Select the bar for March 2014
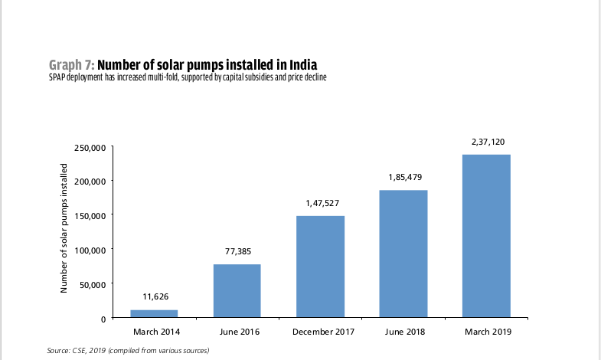click(154, 313)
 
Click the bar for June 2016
click(237, 290)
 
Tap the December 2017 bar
click(320, 267)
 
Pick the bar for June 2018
click(403, 254)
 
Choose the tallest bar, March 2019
click(486, 236)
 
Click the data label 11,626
click(154, 296)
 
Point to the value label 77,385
click(237, 250)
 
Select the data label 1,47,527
click(320, 203)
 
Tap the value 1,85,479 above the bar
click(403, 177)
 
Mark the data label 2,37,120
click(486, 142)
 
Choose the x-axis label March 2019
click(486, 332)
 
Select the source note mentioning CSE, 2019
click(128, 350)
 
